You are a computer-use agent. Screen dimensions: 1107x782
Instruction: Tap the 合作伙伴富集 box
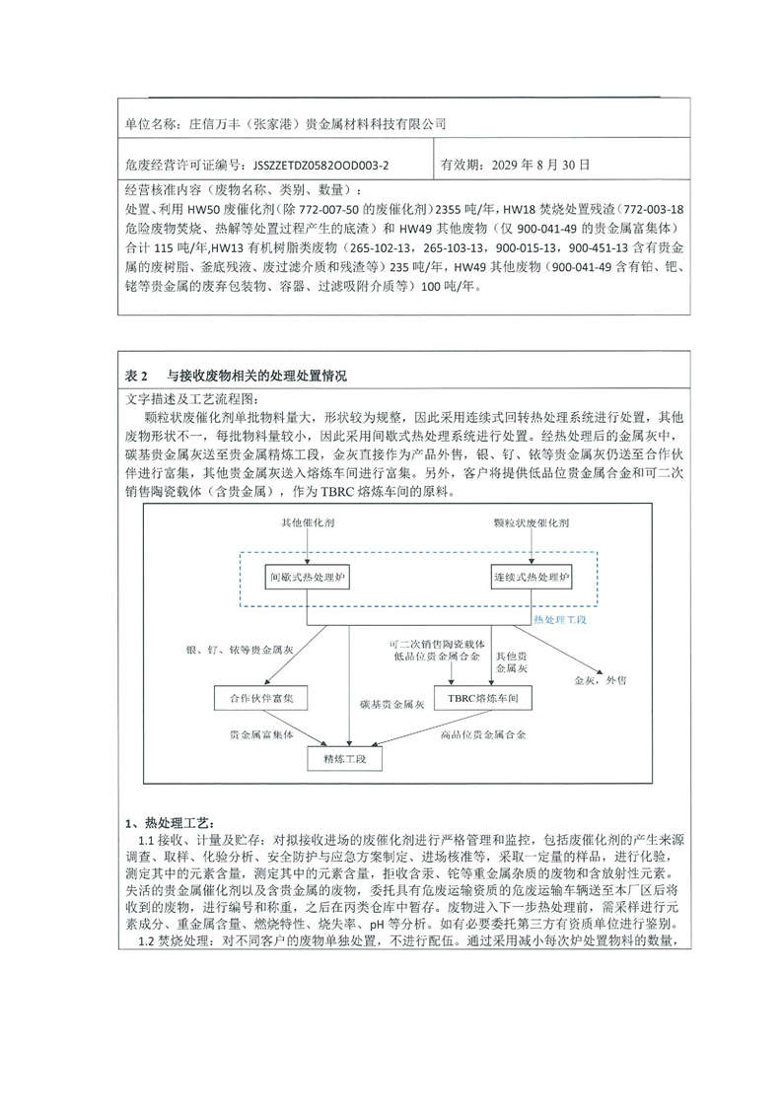tap(261, 698)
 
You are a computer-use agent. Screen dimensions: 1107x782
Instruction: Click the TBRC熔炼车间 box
tap(482, 698)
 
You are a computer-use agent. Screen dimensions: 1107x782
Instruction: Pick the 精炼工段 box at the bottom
tap(350, 759)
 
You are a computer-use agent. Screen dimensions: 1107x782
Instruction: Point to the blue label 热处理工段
tap(559, 620)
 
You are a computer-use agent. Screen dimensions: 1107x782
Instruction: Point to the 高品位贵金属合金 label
tap(485, 735)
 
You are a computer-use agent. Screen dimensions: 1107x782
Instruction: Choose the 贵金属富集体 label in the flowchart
tap(261, 735)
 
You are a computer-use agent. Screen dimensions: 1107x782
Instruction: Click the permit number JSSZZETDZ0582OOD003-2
tap(321, 165)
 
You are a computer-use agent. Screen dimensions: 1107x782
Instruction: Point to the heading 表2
tap(136, 377)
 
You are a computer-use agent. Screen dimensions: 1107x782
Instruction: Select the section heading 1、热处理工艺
tap(168, 823)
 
